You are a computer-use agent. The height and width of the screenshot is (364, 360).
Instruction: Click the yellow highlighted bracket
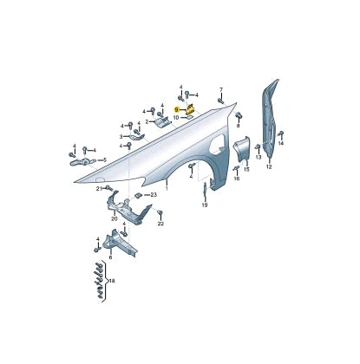tap(191, 109)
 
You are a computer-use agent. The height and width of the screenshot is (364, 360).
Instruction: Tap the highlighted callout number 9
tap(177, 109)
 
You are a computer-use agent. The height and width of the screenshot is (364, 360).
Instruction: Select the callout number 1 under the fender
tap(167, 189)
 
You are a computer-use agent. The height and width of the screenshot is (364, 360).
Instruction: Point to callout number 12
tap(269, 166)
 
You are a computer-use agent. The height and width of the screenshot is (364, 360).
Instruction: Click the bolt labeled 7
tap(220, 101)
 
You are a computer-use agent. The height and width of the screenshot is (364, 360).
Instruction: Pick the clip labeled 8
tap(239, 114)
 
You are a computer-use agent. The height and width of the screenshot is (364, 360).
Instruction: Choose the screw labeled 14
tap(280, 133)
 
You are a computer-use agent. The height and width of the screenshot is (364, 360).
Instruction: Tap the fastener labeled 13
tap(257, 147)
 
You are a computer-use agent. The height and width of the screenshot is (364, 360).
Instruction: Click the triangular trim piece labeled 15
tap(242, 149)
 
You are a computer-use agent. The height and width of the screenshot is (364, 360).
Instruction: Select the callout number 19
tap(205, 205)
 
